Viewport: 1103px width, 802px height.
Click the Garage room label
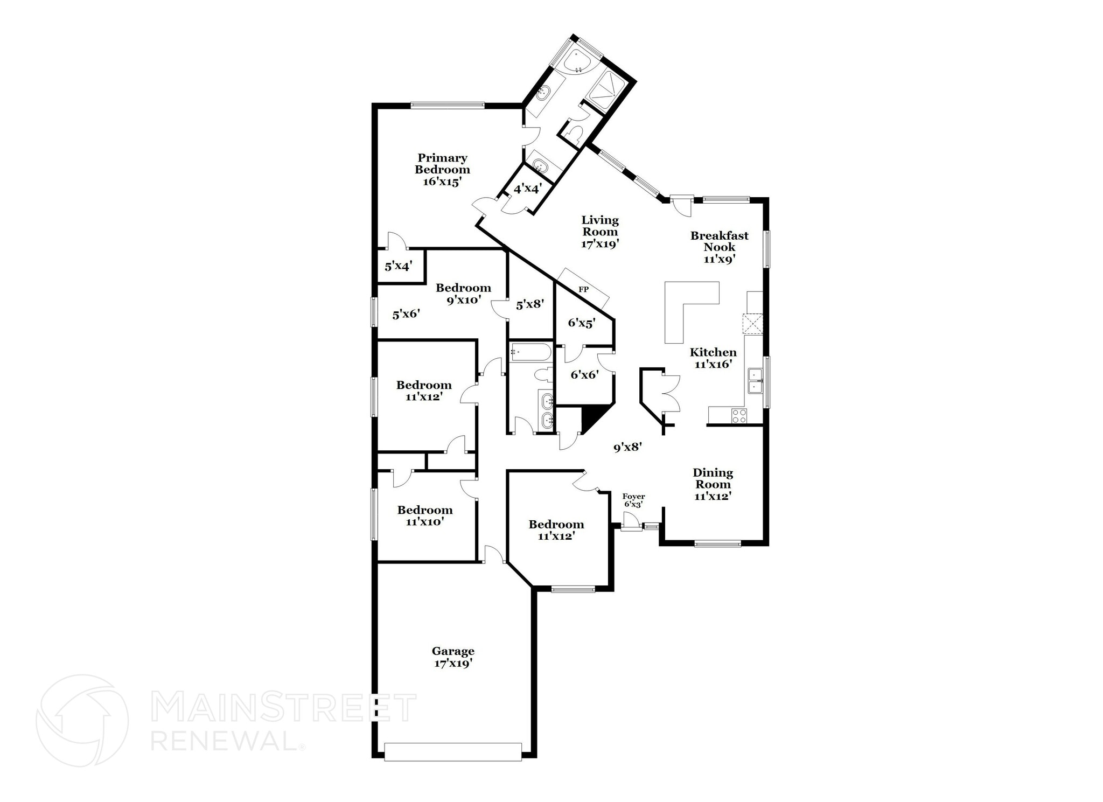pos(453,657)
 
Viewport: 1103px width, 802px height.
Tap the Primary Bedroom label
pos(442,169)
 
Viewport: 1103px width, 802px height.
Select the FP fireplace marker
pos(583,290)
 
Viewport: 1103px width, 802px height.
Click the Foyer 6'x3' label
pos(633,500)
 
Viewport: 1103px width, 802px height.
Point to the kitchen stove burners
pos(738,415)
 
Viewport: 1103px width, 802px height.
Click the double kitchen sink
pos(756,380)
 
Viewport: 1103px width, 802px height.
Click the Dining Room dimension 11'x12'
pos(712,496)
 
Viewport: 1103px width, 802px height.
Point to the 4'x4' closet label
pos(527,189)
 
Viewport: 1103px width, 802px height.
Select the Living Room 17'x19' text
pos(600,232)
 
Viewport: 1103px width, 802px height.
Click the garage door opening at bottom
pos(453,752)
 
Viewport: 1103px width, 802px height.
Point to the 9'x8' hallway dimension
pos(627,447)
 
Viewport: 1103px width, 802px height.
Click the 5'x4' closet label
pos(398,266)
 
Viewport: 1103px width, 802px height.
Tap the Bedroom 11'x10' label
pos(424,515)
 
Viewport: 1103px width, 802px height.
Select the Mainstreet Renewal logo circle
pos(82,721)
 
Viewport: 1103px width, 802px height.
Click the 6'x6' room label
pos(584,375)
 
